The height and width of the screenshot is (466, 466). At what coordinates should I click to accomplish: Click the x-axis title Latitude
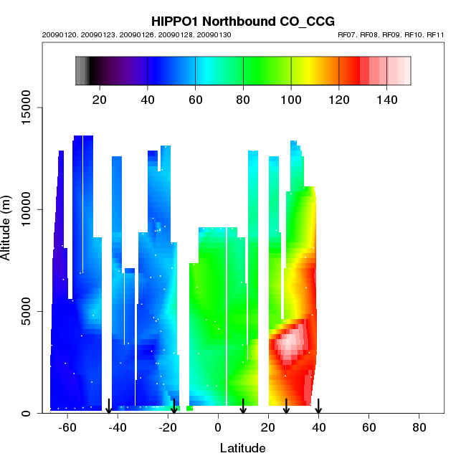pyautogui.click(x=242, y=448)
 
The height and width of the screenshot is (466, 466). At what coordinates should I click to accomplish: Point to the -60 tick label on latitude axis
pyautogui.click(x=67, y=428)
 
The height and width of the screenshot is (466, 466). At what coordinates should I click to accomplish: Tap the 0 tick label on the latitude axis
pyautogui.click(x=218, y=428)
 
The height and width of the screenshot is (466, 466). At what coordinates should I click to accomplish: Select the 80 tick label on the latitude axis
pyautogui.click(x=419, y=428)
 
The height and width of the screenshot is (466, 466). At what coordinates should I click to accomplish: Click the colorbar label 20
pyautogui.click(x=100, y=98)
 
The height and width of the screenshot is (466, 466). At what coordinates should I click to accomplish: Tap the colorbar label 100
pyautogui.click(x=291, y=98)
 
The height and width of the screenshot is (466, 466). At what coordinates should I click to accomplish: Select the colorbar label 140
pyautogui.click(x=387, y=98)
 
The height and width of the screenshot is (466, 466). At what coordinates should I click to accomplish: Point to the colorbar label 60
pyautogui.click(x=195, y=98)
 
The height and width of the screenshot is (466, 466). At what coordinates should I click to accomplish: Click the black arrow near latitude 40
pyautogui.click(x=318, y=406)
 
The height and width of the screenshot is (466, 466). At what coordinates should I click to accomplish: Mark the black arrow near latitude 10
pyautogui.click(x=243, y=406)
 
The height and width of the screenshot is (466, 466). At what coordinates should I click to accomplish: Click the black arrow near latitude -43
pyautogui.click(x=109, y=406)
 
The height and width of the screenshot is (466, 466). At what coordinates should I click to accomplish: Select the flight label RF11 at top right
pyautogui.click(x=435, y=34)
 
